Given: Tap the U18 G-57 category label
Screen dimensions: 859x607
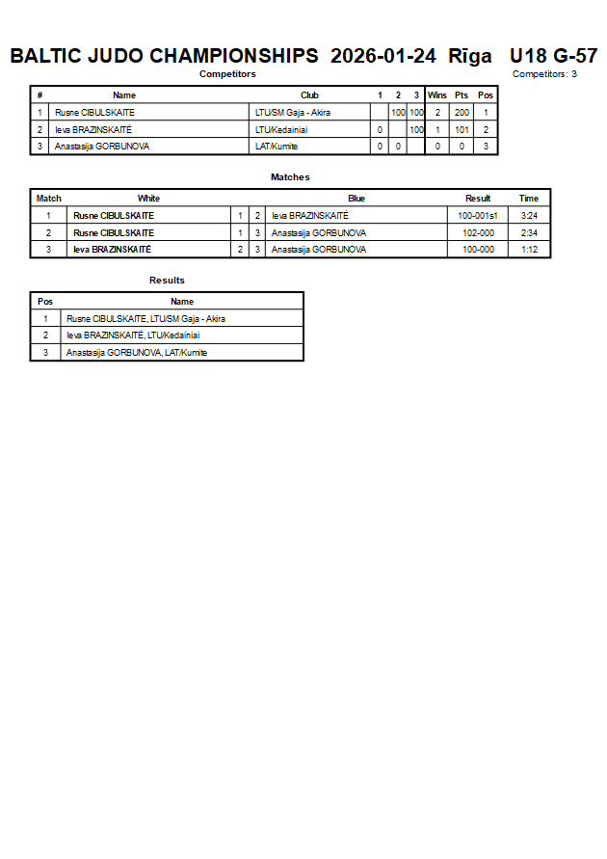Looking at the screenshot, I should click(553, 56).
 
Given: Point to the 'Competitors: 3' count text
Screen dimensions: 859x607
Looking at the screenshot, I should click(544, 73).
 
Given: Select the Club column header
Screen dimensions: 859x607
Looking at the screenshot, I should click(309, 95).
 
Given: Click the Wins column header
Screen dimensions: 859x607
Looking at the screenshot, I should click(436, 95).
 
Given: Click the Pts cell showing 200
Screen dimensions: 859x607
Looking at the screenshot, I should click(462, 113).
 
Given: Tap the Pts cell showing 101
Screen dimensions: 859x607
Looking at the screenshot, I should click(462, 129).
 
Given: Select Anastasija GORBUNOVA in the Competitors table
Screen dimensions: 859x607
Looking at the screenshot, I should click(102, 147).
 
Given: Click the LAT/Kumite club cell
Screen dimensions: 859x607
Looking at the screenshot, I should click(277, 147).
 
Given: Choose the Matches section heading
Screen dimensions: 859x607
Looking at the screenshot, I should click(290, 177).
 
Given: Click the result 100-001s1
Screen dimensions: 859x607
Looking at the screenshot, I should click(478, 216).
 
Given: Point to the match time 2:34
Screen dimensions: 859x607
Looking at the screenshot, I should click(529, 232).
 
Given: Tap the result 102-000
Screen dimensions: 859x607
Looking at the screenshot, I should click(478, 232).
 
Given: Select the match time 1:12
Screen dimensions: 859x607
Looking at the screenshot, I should click(529, 249).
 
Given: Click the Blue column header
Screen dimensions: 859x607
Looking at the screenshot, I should click(356, 199).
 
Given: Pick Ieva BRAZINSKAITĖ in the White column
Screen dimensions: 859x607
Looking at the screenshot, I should click(112, 249).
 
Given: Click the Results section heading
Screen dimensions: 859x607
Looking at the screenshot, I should click(167, 281).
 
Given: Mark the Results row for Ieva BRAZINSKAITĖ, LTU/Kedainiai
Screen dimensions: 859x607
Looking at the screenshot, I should click(133, 336).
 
